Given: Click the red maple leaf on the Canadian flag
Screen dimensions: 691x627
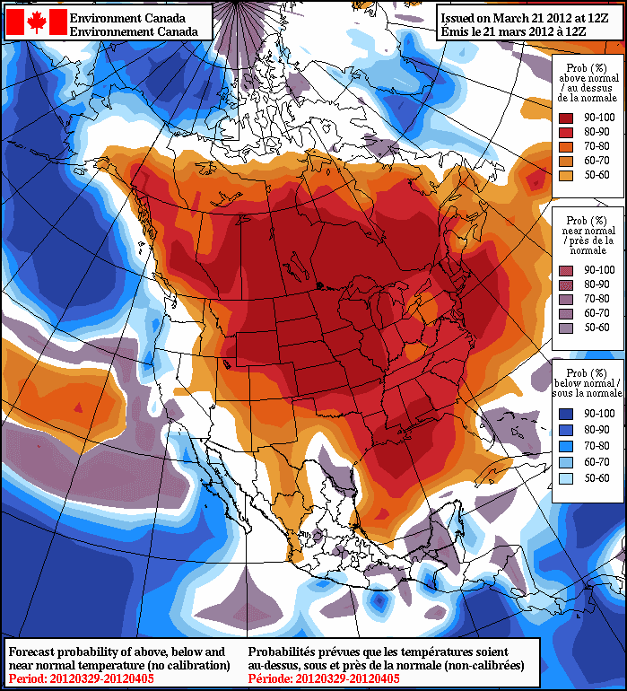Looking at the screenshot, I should click(x=36, y=22).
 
